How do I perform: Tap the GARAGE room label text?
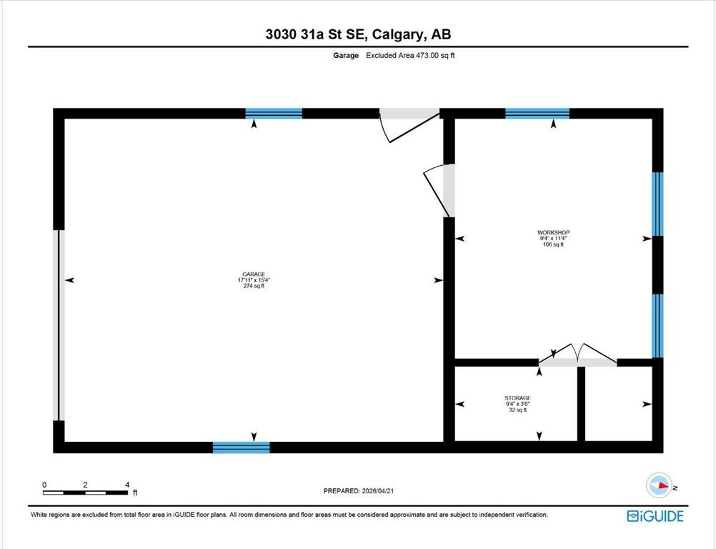point(254,274)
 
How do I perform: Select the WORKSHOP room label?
point(554,232)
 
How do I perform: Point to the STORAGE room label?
point(518,398)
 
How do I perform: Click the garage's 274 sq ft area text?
point(254,286)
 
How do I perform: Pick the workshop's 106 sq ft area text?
point(554,244)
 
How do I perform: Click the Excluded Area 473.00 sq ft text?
point(410,55)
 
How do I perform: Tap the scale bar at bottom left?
point(85,493)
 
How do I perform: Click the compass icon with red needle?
point(659,485)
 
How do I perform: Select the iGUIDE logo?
point(655,516)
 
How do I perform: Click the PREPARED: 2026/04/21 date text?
point(359,491)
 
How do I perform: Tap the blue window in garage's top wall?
point(274,113)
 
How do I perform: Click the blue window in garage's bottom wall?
point(241,447)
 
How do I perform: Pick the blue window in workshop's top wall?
point(537,113)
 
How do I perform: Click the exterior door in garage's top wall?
point(409,124)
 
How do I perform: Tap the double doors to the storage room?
point(577,356)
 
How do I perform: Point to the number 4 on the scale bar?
point(127,485)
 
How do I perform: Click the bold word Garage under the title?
point(346,55)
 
